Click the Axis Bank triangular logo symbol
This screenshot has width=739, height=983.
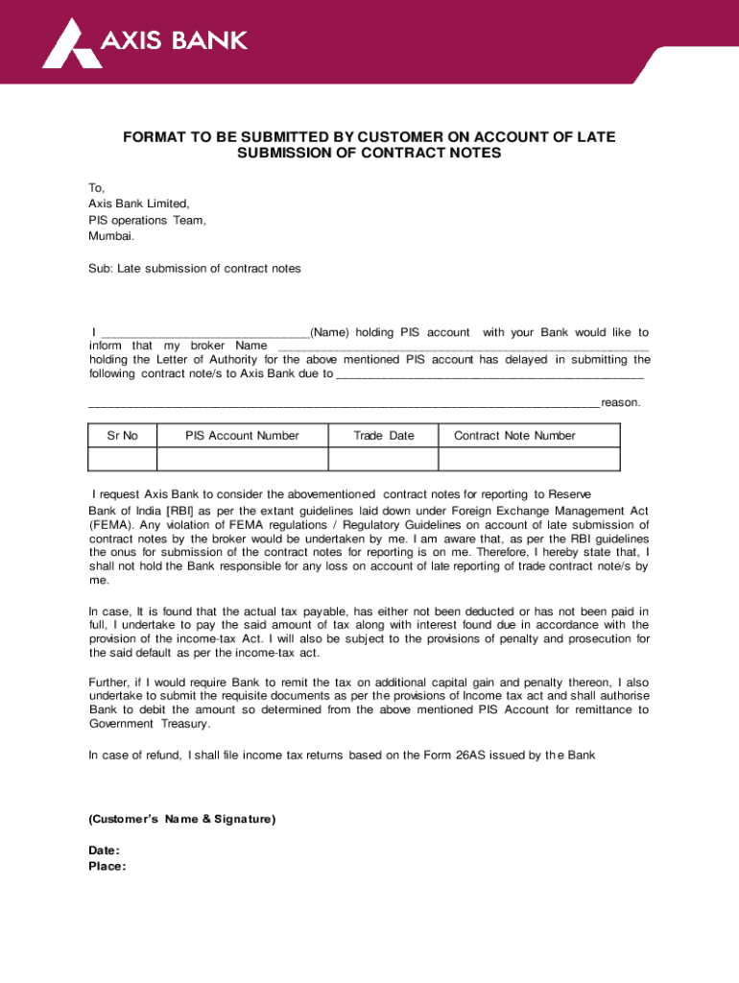pyautogui.click(x=69, y=43)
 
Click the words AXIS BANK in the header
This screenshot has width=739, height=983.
pyautogui.click(x=174, y=40)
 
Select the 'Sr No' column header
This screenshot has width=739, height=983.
pyautogui.click(x=122, y=436)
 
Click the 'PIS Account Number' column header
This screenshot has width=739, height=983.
pyautogui.click(x=242, y=436)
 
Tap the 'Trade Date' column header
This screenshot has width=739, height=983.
pyautogui.click(x=384, y=436)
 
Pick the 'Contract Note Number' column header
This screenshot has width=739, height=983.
pyautogui.click(x=514, y=436)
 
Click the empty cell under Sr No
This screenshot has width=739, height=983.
pyautogui.click(x=122, y=462)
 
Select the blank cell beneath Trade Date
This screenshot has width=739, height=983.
pyautogui.click(x=384, y=462)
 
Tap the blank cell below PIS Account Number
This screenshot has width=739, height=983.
pyautogui.click(x=242, y=462)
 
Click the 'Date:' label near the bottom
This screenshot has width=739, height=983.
pyautogui.click(x=104, y=851)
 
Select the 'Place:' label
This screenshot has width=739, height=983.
pyautogui.click(x=107, y=866)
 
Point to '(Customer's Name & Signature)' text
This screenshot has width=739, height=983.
pyautogui.click(x=181, y=819)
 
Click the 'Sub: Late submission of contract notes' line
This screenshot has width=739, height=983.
pyautogui.click(x=195, y=269)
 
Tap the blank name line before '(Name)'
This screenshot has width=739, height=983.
pyautogui.click(x=204, y=333)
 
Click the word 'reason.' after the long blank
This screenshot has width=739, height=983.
pyautogui.click(x=620, y=402)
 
